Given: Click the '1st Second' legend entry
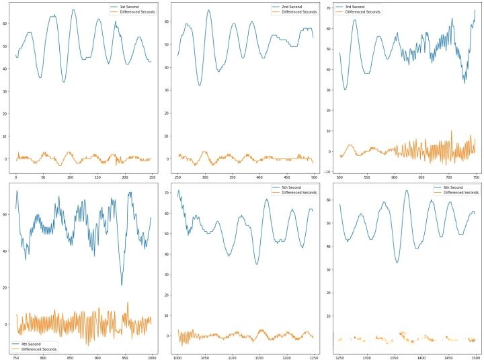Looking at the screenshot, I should (x=130, y=6).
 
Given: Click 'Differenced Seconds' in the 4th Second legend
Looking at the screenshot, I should (x=42, y=349).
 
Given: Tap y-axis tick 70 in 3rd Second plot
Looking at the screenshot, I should (x=329, y=8).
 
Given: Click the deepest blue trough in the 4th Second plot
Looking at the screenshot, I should (x=122, y=285).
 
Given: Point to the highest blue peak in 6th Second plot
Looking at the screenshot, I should (x=406, y=190).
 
